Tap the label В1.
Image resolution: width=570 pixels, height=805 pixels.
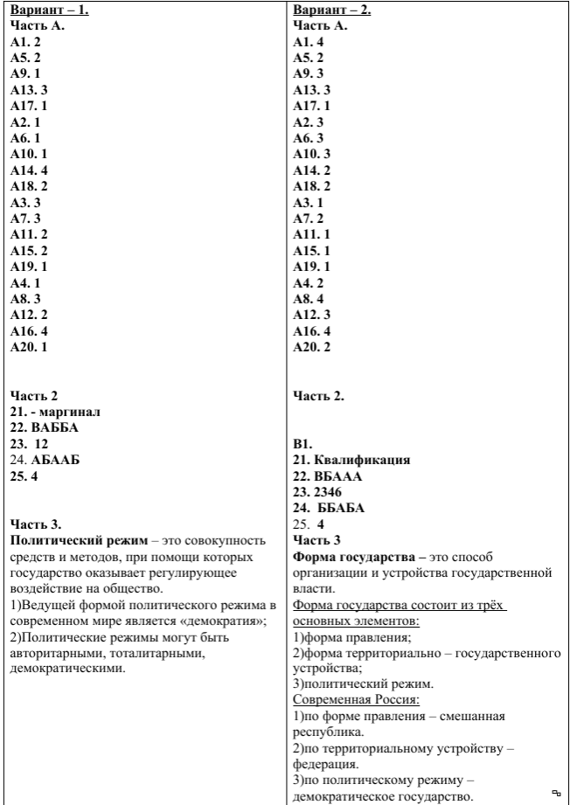(x=303, y=444)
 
